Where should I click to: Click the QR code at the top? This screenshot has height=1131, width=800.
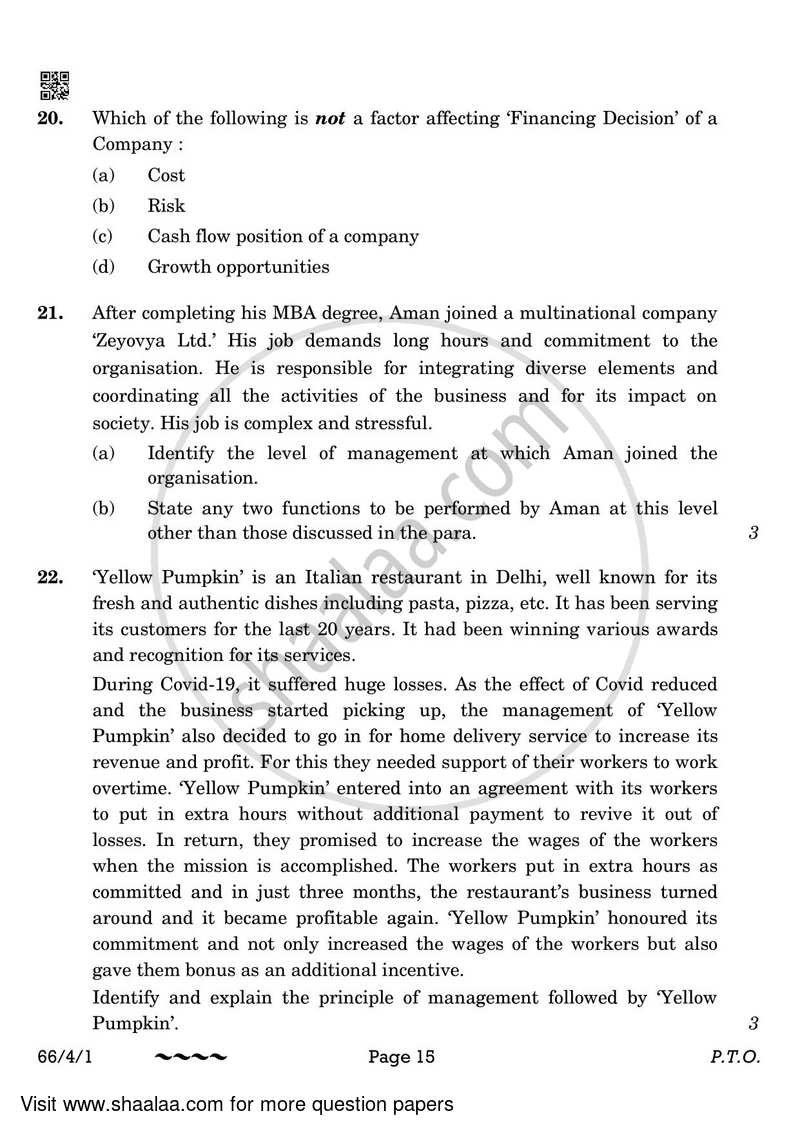pyautogui.click(x=54, y=86)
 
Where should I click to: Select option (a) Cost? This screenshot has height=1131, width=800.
pyautogui.click(x=165, y=175)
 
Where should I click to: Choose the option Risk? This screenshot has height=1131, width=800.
pyautogui.click(x=166, y=206)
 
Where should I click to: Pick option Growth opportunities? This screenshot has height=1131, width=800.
pyautogui.click(x=238, y=267)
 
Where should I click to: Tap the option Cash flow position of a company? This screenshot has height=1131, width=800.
pyautogui.click(x=282, y=237)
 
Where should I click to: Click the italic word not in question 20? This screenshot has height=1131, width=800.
pyautogui.click(x=329, y=118)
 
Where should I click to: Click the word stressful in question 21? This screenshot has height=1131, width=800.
pyautogui.click(x=391, y=423)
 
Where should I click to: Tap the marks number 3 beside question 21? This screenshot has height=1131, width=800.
pyautogui.click(x=753, y=533)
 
